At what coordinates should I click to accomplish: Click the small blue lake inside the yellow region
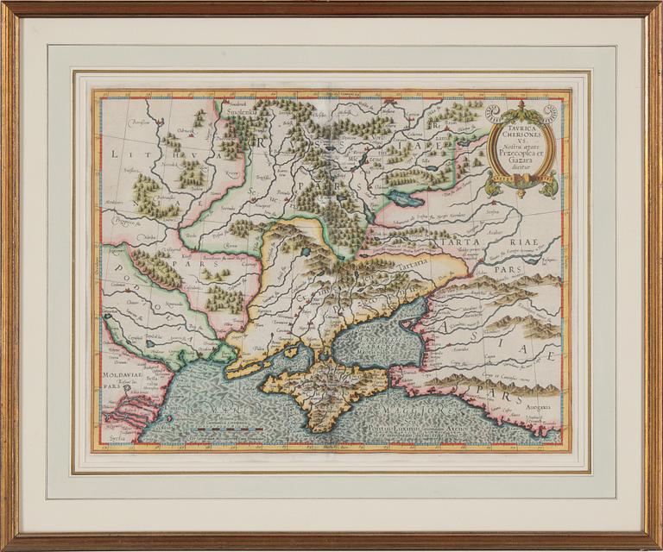[305, 253]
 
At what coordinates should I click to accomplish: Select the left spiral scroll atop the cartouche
[492, 113]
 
